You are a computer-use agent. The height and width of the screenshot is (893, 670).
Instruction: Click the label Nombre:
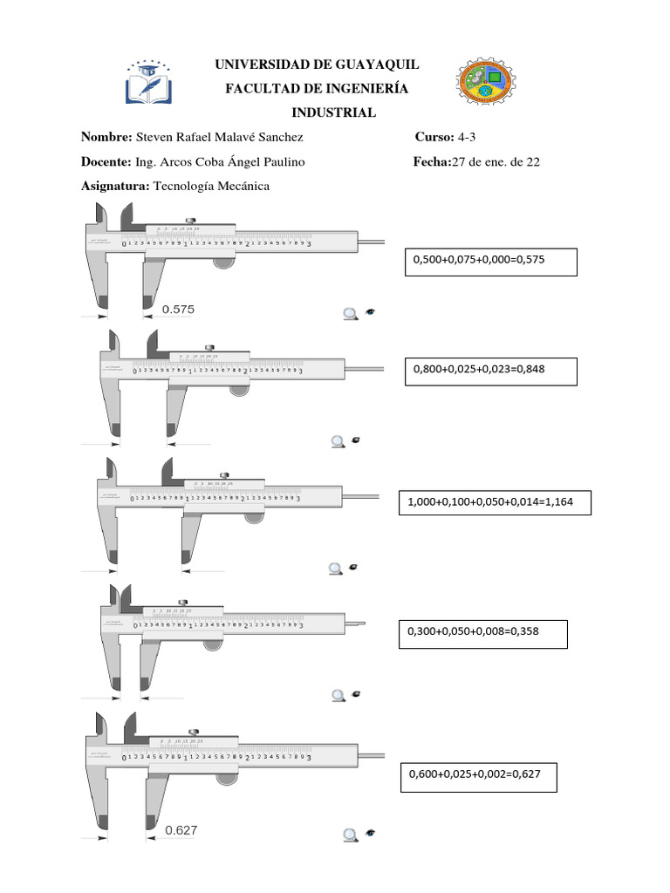(x=106, y=138)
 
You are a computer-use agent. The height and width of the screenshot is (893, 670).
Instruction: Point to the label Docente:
(x=106, y=162)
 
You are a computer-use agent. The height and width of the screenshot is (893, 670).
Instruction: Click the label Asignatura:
(x=115, y=186)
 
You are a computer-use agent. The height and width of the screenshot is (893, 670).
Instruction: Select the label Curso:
(x=434, y=138)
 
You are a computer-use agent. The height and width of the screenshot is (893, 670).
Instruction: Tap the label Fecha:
(x=431, y=162)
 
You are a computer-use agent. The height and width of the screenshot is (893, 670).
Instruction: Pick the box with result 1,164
(x=494, y=502)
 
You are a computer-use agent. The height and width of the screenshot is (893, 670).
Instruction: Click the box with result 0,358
(x=482, y=634)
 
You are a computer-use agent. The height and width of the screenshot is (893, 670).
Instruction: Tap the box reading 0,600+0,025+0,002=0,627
(x=478, y=775)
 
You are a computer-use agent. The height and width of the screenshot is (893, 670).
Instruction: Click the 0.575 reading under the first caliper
(x=179, y=309)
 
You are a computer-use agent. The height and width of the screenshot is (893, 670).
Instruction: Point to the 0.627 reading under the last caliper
(x=181, y=830)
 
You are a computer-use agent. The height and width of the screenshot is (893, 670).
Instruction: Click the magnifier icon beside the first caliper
(x=351, y=314)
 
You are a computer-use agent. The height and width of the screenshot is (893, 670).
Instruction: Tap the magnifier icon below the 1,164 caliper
(x=335, y=569)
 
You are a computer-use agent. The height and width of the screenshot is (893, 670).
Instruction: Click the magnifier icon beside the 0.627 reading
(x=351, y=835)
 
